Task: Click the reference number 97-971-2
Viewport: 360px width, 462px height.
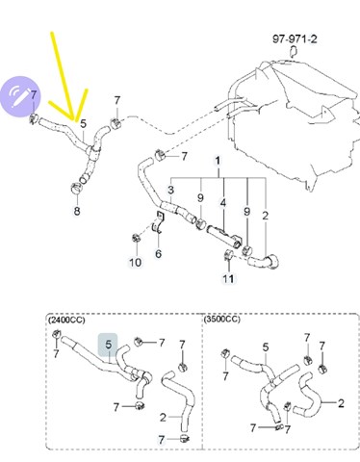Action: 295,39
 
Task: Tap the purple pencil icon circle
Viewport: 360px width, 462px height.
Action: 21,97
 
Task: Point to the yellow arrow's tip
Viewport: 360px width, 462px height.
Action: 76,120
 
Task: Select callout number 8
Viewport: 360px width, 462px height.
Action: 77,211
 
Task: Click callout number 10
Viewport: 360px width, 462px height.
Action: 135,263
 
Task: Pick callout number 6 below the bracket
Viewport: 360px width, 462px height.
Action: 159,254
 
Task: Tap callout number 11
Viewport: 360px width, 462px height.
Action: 228,278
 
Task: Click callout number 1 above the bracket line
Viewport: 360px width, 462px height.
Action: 218,161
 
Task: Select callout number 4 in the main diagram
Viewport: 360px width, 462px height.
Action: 223,203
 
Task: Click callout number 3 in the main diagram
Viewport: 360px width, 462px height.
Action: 170,190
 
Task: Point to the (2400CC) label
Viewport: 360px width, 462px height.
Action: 66,320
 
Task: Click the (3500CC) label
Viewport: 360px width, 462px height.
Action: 221,320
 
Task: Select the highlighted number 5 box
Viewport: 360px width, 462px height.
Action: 108,345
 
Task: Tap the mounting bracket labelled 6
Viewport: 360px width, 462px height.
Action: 159,222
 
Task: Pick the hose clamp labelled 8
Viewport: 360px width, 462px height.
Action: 77,188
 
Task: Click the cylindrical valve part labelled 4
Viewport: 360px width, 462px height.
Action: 224,237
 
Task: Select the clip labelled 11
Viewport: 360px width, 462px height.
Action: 228,255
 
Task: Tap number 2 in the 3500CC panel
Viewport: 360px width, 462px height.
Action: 341,403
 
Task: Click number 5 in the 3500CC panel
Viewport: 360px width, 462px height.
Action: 266,347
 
